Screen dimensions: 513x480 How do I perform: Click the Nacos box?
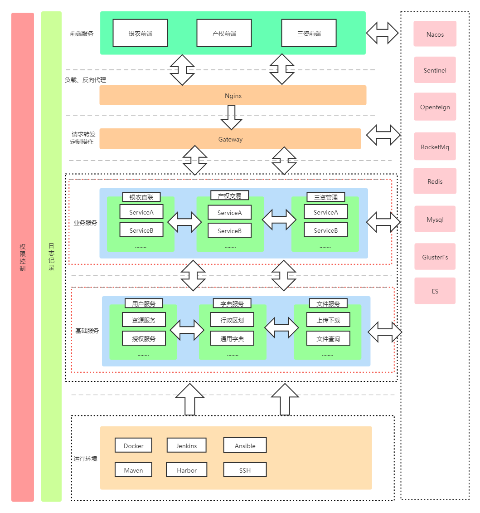[x=435, y=34]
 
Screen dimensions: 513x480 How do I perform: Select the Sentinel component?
[x=435, y=70]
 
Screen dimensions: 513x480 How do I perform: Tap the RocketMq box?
[x=435, y=147]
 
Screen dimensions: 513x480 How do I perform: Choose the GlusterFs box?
[x=435, y=257]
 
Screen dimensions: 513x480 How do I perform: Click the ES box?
[x=435, y=291]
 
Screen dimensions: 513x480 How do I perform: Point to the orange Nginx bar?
[x=233, y=96]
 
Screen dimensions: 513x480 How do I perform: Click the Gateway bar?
[x=230, y=139]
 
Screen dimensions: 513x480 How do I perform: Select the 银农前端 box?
[x=140, y=33]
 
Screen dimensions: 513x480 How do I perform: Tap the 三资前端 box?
[x=309, y=33]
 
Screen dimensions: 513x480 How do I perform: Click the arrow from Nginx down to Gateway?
[x=232, y=117]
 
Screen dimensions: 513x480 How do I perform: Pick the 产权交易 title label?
[x=229, y=195]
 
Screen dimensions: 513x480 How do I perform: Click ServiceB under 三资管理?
[x=325, y=230]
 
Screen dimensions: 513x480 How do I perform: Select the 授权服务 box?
[x=144, y=338]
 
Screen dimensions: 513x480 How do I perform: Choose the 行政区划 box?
[x=232, y=319]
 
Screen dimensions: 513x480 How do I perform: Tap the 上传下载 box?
[x=328, y=319]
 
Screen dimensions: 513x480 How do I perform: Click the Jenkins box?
[x=186, y=445]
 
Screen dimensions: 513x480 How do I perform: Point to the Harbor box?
[x=187, y=470]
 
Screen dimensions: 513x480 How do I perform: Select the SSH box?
[x=245, y=470]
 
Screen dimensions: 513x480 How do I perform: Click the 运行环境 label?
[x=85, y=458]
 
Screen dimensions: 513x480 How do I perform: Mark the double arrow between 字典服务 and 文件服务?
[x=281, y=327]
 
